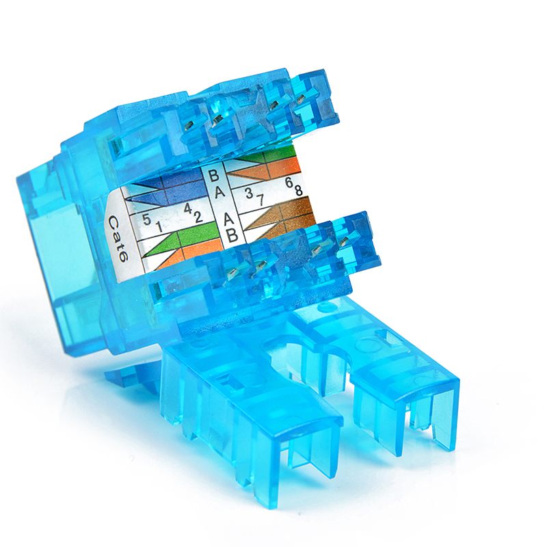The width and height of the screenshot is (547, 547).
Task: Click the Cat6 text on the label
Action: (118, 238)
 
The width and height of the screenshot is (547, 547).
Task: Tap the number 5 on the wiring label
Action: (147, 219)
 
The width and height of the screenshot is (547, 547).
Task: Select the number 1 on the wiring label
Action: (159, 227)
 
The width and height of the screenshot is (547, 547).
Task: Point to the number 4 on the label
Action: (188, 209)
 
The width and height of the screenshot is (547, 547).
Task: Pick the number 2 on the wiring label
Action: (198, 217)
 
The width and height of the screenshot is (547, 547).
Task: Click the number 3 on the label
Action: (249, 193)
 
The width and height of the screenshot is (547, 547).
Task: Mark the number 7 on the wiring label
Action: (260, 200)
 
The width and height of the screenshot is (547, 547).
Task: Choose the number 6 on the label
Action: (289, 183)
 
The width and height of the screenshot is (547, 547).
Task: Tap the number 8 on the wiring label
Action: (299, 191)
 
